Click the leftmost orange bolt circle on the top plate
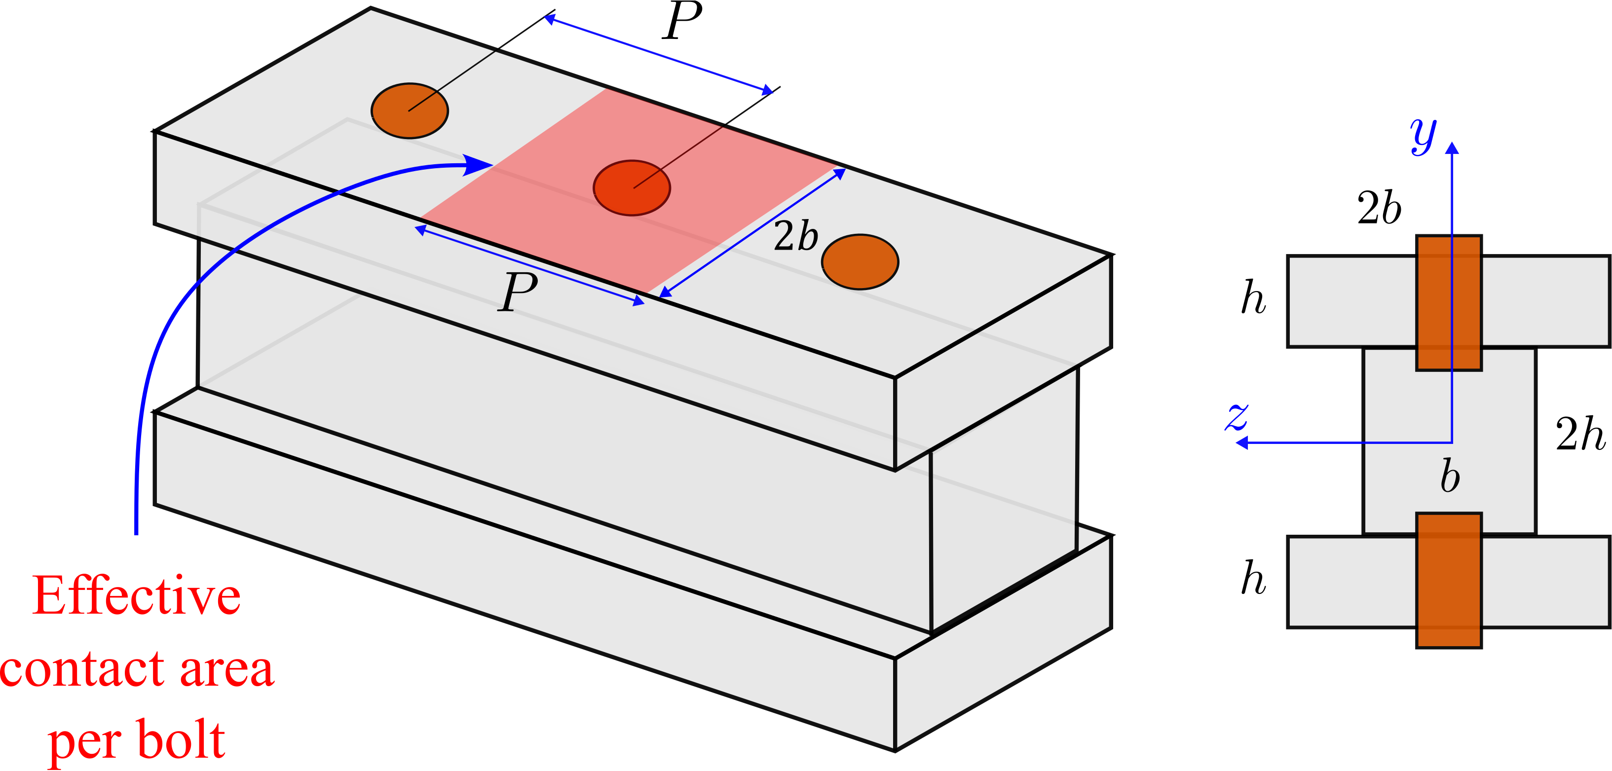(410, 111)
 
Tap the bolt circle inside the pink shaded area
(632, 188)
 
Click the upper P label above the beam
(683, 20)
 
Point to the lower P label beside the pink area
(519, 292)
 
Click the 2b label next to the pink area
(796, 237)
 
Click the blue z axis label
(1237, 417)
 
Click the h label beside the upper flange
(1253, 297)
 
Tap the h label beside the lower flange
(1253, 578)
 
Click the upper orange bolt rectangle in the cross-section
(1449, 303)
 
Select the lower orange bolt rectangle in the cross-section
(1449, 581)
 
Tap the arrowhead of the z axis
(1242, 443)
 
